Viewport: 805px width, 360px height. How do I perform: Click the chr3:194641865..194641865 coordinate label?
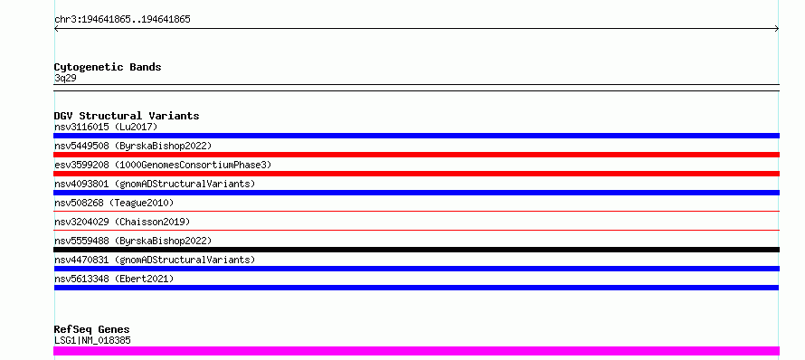pos(122,20)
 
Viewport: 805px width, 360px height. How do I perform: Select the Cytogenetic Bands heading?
pos(108,67)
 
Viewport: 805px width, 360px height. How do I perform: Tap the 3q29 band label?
pos(65,79)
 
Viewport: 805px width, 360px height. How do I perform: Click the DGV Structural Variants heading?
pos(127,116)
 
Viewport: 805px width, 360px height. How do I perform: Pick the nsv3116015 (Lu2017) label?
pos(106,127)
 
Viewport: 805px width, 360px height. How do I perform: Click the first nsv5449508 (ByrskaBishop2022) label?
pos(133,146)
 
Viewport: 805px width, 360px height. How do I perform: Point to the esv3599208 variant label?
pos(163,165)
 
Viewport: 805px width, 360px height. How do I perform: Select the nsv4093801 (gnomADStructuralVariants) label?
pos(155,184)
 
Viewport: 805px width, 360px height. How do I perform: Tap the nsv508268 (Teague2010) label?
pos(114,203)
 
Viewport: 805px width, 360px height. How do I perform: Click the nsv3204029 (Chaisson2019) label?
pos(122,222)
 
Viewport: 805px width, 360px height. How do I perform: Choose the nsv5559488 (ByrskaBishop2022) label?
pos(133,241)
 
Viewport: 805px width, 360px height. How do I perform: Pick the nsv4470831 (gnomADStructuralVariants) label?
pos(155,260)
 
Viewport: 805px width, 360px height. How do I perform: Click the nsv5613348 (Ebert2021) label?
pos(114,279)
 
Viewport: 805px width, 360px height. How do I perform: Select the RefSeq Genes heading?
pos(92,329)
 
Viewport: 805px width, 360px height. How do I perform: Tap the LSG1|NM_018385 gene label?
pos(92,340)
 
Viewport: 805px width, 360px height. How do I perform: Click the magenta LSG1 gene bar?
pos(416,351)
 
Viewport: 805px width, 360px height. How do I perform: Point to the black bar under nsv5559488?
pos(416,250)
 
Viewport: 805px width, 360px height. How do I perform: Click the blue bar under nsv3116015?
pos(416,136)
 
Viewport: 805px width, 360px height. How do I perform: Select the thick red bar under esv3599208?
pos(416,174)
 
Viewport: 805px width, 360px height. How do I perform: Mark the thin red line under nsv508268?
pos(416,211)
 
